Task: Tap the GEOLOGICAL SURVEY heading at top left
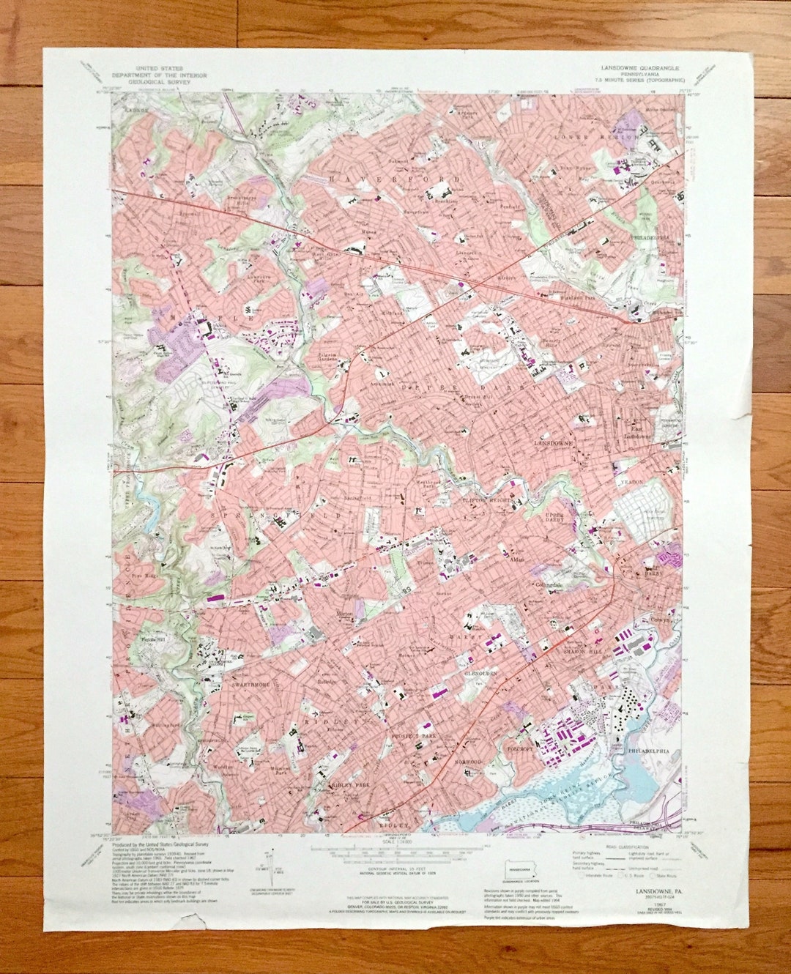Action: [x=157, y=83]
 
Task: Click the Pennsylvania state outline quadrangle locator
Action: [x=521, y=874]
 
